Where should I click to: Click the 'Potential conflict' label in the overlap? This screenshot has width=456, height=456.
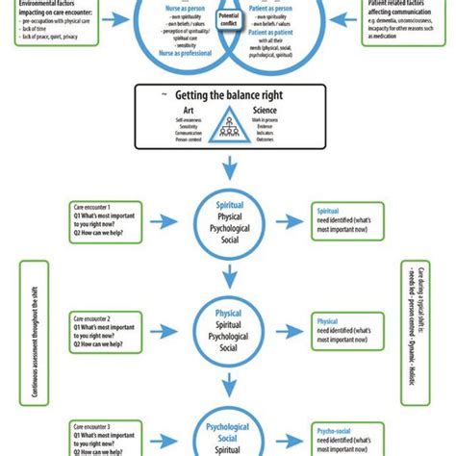point(228,19)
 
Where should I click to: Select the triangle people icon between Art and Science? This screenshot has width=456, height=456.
point(229,124)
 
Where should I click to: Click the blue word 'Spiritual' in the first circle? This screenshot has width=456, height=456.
point(228,204)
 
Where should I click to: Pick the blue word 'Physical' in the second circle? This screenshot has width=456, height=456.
point(228,313)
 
